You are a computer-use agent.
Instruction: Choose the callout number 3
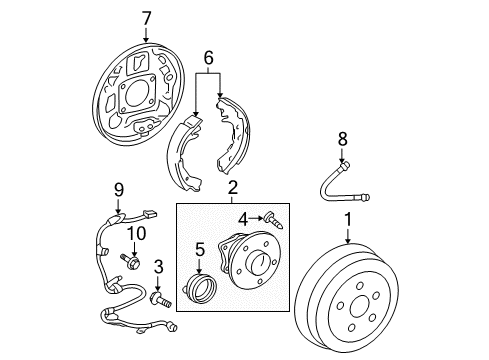point(157,265)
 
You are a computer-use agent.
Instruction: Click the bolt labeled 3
point(159,297)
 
